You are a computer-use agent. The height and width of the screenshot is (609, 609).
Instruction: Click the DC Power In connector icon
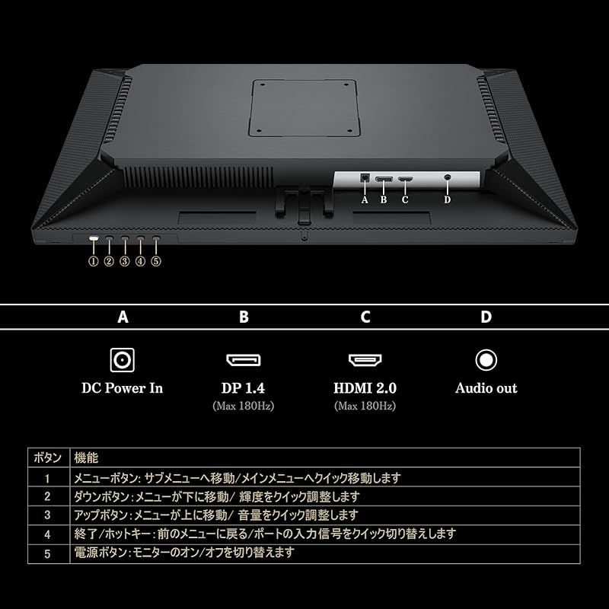(122, 359)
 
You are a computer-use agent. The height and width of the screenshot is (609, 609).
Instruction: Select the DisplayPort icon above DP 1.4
(243, 359)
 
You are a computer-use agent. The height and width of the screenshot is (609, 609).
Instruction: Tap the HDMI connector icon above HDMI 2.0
(365, 359)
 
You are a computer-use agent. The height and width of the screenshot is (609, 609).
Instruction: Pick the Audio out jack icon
(486, 359)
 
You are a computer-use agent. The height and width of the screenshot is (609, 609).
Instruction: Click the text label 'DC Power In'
(122, 388)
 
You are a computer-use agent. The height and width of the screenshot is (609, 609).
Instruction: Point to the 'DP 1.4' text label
(243, 388)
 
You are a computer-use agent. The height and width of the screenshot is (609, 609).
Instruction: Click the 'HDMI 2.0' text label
(365, 388)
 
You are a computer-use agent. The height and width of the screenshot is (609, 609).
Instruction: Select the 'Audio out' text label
(486, 388)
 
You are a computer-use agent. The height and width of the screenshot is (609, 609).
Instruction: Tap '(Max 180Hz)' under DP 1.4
(243, 407)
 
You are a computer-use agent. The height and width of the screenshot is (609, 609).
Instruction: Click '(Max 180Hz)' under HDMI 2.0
(365, 407)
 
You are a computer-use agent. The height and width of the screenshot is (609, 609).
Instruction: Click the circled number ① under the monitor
(94, 261)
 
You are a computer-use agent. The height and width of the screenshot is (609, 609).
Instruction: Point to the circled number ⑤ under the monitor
(156, 261)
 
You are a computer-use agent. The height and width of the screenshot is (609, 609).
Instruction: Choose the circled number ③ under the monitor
(125, 261)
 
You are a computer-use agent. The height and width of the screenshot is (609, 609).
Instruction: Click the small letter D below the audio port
(447, 200)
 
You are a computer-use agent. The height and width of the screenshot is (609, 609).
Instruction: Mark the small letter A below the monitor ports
(365, 200)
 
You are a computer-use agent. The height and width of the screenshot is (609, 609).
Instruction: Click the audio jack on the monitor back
(447, 177)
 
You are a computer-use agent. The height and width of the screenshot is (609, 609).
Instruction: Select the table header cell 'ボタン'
(48, 459)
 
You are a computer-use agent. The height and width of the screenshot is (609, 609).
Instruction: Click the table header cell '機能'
(85, 459)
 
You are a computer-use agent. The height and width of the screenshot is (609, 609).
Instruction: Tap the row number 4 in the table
(47, 534)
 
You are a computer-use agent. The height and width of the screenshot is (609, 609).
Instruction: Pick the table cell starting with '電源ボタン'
(183, 553)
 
